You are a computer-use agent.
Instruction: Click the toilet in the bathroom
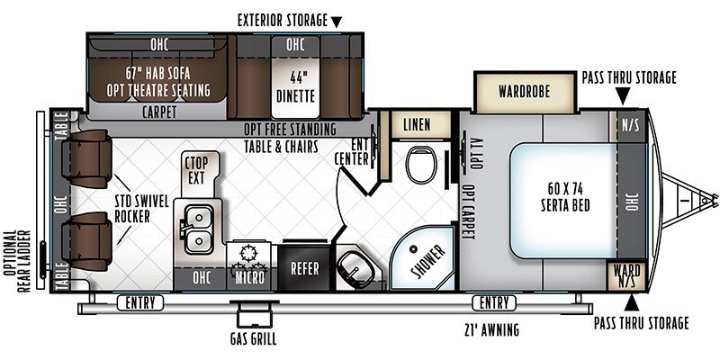pos(421,165)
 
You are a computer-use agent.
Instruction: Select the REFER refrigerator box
pos(304,268)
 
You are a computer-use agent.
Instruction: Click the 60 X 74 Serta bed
pos(564,200)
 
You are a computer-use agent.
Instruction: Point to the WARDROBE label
pos(524,92)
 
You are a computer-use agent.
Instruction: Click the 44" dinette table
pos(295,87)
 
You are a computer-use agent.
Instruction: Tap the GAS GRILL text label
pos(254,340)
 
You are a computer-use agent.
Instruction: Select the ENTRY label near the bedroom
pos(494,303)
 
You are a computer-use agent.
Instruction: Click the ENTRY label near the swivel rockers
pos(140,303)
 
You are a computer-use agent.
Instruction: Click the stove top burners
pos(248,260)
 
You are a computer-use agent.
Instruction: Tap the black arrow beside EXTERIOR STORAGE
pos(337,22)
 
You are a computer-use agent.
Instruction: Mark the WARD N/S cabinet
pos(626,275)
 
